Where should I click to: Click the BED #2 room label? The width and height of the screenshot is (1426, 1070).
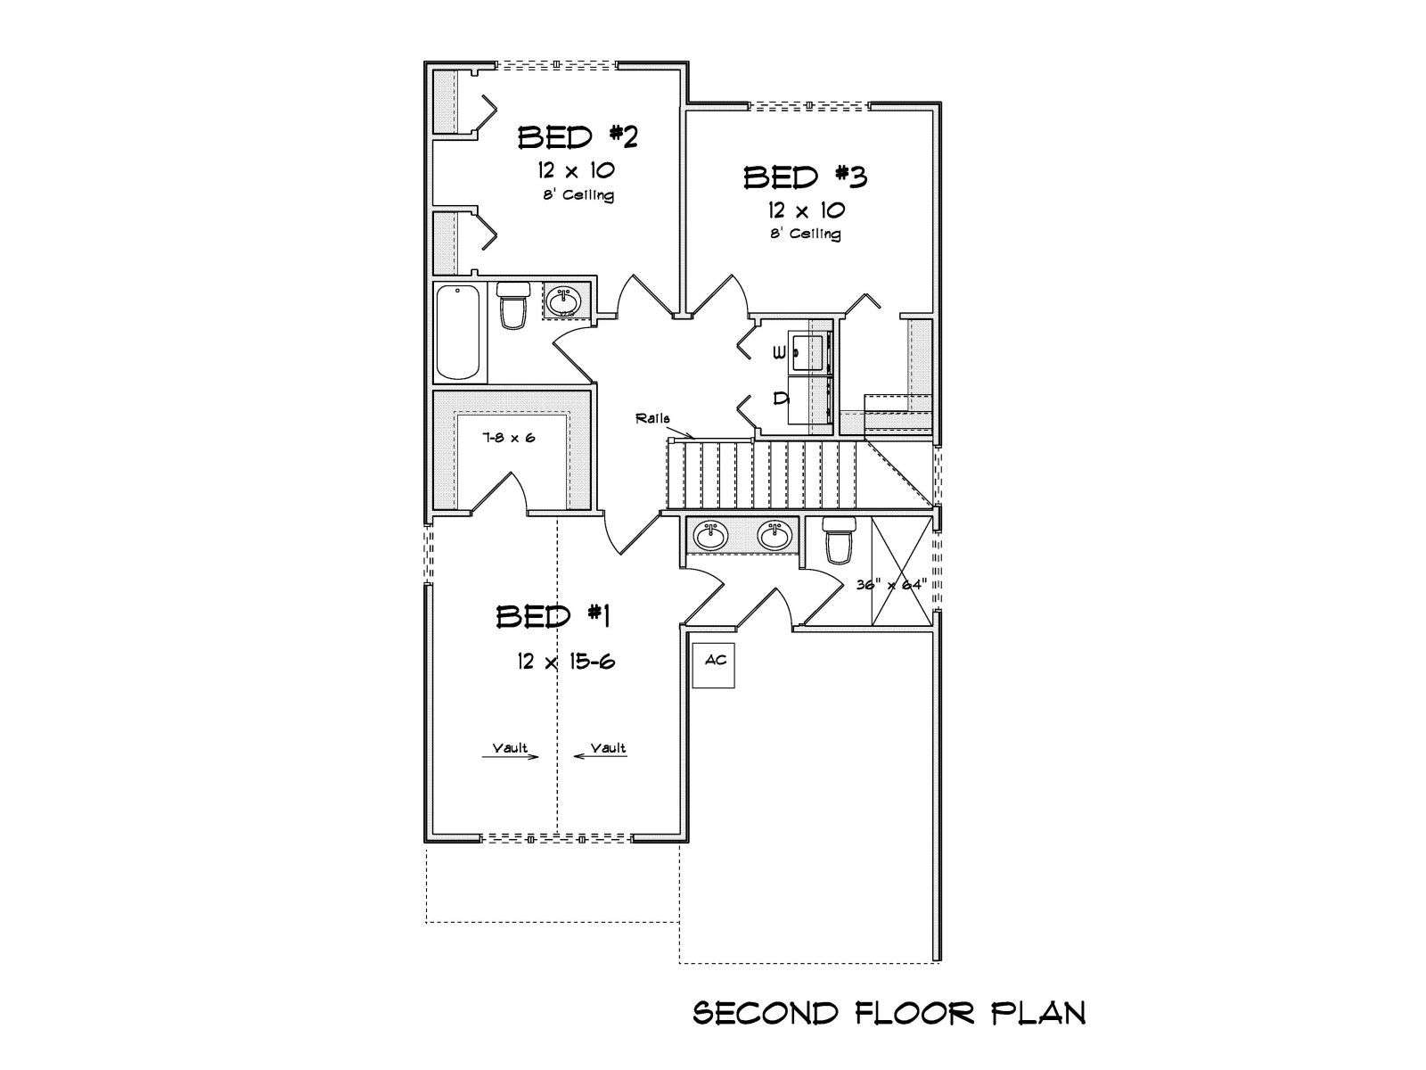tap(578, 137)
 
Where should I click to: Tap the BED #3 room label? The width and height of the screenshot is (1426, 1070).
tap(806, 177)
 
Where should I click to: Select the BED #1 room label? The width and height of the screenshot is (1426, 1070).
tap(553, 616)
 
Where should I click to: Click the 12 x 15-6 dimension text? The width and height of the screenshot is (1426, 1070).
tap(566, 662)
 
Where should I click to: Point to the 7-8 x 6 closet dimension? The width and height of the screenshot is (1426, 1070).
tap(509, 438)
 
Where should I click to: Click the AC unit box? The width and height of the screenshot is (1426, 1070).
tap(713, 665)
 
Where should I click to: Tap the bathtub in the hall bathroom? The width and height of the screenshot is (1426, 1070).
tap(459, 333)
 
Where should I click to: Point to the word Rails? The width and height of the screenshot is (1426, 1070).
tap(652, 419)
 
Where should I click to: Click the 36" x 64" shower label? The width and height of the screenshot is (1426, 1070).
tap(890, 585)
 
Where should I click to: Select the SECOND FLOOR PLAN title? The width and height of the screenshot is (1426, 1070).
tap(889, 1013)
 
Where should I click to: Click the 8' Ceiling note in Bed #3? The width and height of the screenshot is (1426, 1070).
tap(806, 234)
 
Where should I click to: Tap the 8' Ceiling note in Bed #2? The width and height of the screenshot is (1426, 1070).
tap(578, 194)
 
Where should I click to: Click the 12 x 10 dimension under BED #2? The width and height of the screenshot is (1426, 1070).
tap(577, 170)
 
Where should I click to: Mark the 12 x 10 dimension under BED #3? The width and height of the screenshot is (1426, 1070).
tap(807, 210)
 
